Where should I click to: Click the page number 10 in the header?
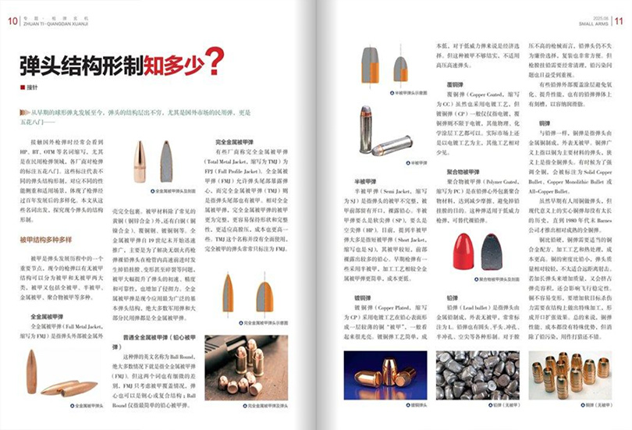[x=13, y=22]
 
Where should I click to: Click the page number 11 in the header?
[x=619, y=22]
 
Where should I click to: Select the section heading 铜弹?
[x=542, y=123]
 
